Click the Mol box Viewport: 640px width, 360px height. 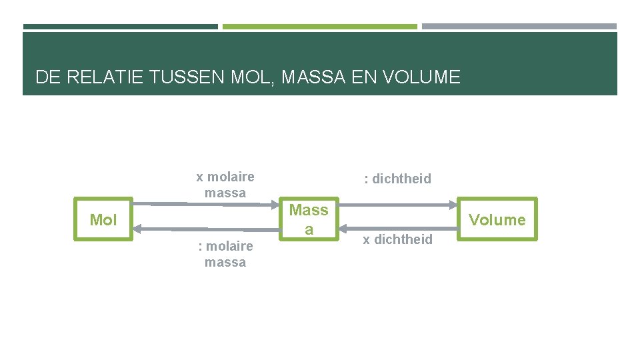[x=103, y=220]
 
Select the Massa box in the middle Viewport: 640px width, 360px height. [x=309, y=219]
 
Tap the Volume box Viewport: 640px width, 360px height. [x=497, y=219]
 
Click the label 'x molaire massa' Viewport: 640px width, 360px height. [x=225, y=185]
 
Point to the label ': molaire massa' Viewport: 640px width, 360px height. [x=225, y=254]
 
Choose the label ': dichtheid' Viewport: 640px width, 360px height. [x=397, y=179]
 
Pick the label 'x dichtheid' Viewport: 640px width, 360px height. [x=397, y=239]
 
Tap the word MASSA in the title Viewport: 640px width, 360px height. [x=313, y=77]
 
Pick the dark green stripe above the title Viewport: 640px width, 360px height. [x=120, y=27]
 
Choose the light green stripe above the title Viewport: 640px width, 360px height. [x=319, y=27]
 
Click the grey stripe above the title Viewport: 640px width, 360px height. [x=519, y=27]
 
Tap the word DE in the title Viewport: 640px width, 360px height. [x=48, y=77]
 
